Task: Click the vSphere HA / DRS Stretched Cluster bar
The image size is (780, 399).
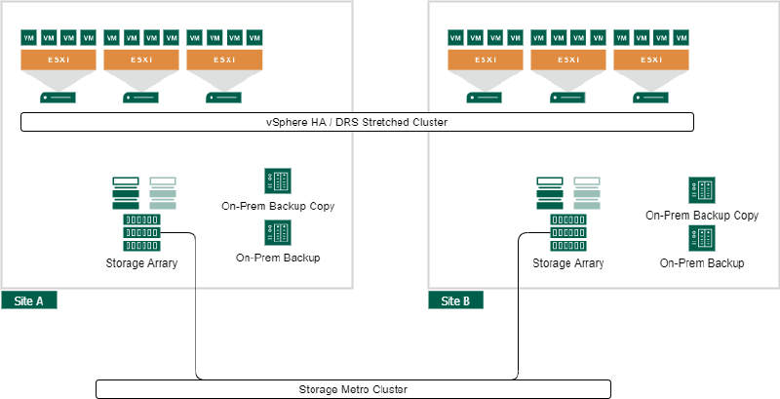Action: pos(357,122)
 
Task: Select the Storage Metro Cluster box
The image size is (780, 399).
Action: pos(353,389)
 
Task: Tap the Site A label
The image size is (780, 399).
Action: pos(29,300)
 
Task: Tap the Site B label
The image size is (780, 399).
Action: pos(455,300)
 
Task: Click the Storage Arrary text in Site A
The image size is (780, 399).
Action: pos(141,262)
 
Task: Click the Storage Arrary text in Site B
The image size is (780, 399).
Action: pos(567,262)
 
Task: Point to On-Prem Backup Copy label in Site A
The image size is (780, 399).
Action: pos(279,206)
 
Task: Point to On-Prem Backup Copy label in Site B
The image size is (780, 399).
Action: pos(702,215)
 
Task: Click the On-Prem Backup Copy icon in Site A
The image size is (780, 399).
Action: pos(278,181)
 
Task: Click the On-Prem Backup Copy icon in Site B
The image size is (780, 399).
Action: pos(702,189)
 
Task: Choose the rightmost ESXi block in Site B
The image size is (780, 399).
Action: pos(651,60)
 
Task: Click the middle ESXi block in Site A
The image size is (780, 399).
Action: pos(142,60)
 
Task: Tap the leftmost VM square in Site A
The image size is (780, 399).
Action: pos(30,37)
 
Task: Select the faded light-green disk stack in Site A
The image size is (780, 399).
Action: pos(163,193)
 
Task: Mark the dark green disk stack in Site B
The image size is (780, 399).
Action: pos(550,193)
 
